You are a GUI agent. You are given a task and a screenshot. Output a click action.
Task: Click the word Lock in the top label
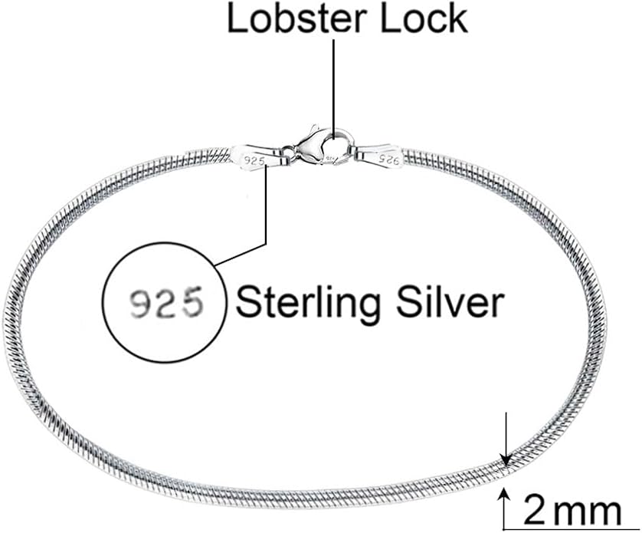[x=424, y=19]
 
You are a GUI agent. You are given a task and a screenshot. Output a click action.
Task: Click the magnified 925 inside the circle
[x=165, y=303]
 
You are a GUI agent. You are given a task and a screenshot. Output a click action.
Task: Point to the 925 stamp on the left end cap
[x=254, y=160]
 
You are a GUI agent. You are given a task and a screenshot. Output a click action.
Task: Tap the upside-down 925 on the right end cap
[x=388, y=158]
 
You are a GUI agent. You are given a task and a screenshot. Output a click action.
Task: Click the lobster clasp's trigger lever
[x=313, y=130]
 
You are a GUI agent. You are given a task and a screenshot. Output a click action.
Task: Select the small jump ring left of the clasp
[x=288, y=153]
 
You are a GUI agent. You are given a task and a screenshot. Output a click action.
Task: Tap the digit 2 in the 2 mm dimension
[x=534, y=508]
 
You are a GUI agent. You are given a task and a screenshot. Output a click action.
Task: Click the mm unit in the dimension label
[x=589, y=512]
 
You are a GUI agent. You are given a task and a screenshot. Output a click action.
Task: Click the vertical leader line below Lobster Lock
[x=334, y=90]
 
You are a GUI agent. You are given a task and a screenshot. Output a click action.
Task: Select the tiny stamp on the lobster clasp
[x=332, y=159]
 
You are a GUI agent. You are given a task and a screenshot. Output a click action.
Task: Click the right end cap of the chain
[x=378, y=157]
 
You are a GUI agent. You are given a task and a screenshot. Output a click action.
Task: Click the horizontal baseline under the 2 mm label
[x=572, y=528]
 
